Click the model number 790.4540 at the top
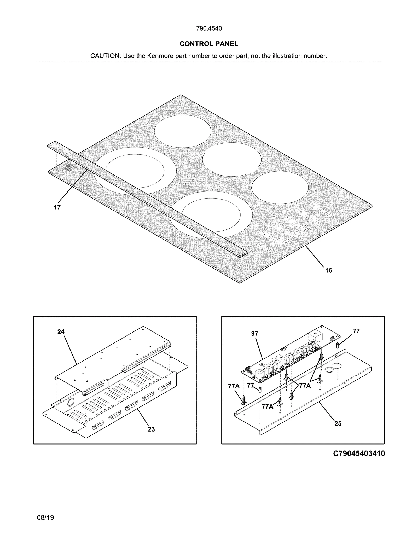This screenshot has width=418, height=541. click(209, 28)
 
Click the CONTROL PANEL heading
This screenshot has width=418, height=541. click(209, 44)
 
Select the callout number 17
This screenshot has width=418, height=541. click(57, 207)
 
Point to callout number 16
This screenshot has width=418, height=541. click(328, 270)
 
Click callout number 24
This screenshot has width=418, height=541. click(61, 332)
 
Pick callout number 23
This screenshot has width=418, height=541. click(151, 429)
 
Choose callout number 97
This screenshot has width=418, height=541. click(254, 333)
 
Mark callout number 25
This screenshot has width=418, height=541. click(338, 423)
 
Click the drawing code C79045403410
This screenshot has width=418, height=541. click(359, 453)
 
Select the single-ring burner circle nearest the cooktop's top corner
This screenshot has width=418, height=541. click(182, 131)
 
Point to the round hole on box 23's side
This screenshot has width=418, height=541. click(71, 403)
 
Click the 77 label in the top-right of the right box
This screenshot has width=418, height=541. click(356, 331)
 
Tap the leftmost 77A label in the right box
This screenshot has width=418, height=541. click(234, 386)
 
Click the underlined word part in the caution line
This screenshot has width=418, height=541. click(241, 56)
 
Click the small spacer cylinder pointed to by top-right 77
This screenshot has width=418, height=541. click(337, 345)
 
